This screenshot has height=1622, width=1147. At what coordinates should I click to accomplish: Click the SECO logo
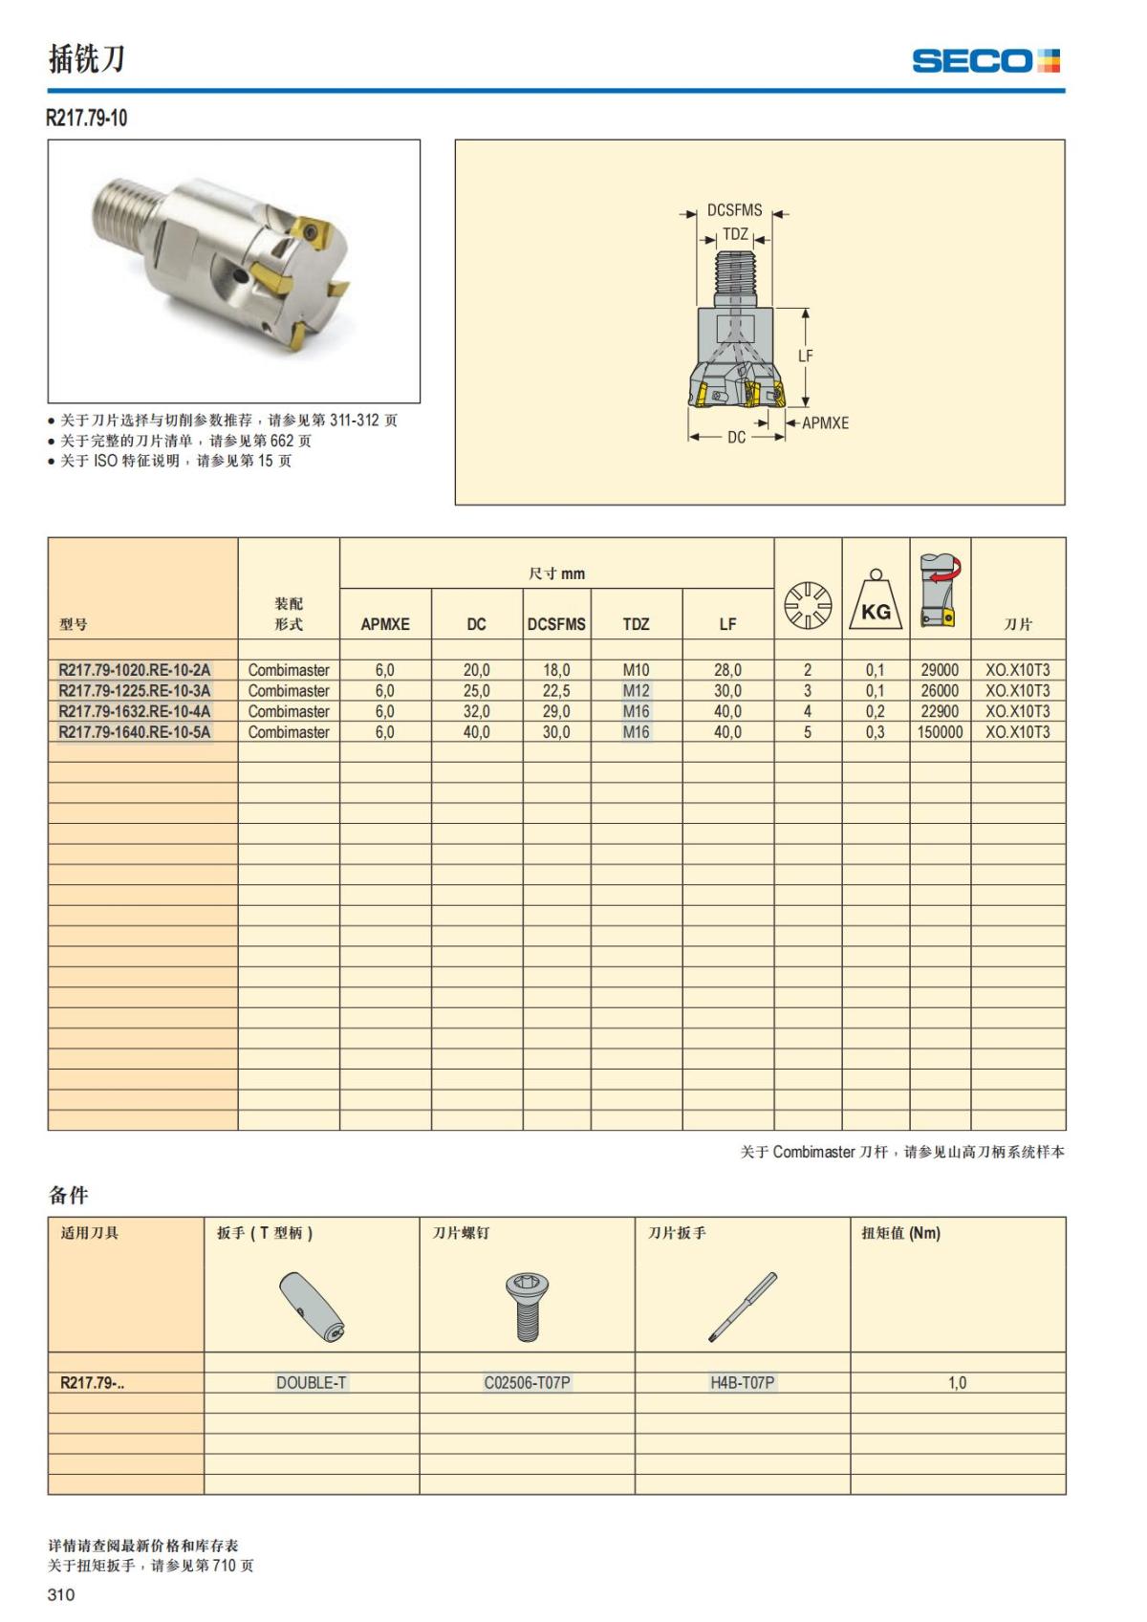coord(985,61)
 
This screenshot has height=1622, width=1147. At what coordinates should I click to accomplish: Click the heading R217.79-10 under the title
coord(87,119)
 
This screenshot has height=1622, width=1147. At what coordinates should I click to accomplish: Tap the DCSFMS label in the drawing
coord(734,210)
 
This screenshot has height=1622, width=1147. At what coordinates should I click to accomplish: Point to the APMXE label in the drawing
coord(824,422)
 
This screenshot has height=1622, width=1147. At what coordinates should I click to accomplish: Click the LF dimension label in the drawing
coord(806,356)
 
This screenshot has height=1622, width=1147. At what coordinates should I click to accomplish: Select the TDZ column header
coord(636,624)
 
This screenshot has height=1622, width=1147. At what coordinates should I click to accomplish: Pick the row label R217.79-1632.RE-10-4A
coord(135,711)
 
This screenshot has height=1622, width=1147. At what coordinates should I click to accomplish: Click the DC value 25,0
coord(476,691)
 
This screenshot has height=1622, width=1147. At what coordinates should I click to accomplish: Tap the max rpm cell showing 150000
coord(940,732)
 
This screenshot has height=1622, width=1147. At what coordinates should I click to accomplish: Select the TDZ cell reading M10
coord(636,670)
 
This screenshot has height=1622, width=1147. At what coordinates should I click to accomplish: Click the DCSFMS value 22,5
coord(556,691)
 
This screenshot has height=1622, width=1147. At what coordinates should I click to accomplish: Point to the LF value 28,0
coord(727,670)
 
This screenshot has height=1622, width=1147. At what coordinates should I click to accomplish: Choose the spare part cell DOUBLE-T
coord(311,1382)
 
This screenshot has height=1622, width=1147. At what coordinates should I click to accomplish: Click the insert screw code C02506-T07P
coord(527,1382)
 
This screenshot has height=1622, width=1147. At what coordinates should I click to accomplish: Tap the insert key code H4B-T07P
coord(742,1382)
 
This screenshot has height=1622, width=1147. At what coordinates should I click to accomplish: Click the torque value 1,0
coord(957,1382)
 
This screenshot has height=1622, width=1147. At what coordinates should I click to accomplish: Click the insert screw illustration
coord(527,1306)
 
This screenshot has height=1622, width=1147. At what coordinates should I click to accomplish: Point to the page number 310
coord(60,1594)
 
